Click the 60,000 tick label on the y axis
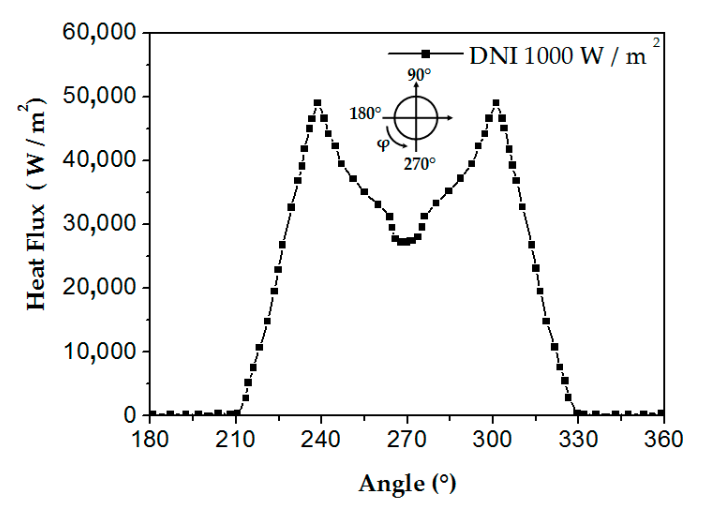tap(99, 32)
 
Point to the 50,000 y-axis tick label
tap(99, 96)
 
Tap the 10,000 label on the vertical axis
tap(99, 351)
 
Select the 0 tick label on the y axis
tap(130, 415)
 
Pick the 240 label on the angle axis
tap(320, 440)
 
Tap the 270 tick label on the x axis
tap(406, 440)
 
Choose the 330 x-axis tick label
tap(578, 440)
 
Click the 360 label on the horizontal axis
tap(663, 440)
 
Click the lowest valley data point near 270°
tap(404, 241)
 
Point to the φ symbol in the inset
tap(383, 144)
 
